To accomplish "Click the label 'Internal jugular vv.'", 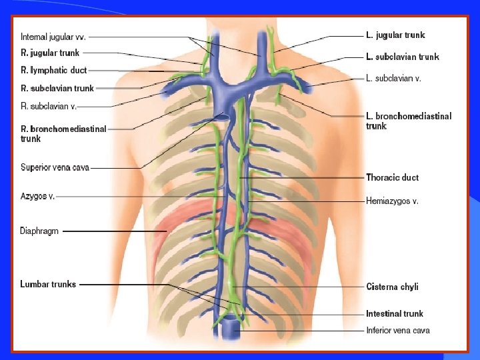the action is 53,37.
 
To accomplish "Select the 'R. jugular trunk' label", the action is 50,53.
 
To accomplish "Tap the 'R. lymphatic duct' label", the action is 53,70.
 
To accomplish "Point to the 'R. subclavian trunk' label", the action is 57,88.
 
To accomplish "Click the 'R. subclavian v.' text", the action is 49,106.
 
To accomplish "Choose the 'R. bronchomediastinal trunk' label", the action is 63,133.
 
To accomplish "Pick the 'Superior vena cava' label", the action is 55,167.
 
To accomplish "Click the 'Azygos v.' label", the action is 37,196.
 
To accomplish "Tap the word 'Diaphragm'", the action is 39,231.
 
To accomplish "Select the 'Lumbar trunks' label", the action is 48,284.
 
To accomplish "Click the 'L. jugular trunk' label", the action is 395,35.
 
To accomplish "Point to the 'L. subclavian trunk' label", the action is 403,57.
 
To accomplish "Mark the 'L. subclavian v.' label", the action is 394,78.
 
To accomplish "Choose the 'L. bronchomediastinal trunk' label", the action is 408,121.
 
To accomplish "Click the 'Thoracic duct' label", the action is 392,177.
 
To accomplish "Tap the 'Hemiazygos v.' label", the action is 392,201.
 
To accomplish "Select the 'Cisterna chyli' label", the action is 392,287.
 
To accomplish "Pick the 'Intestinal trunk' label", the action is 394,313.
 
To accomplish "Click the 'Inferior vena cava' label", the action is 397,330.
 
